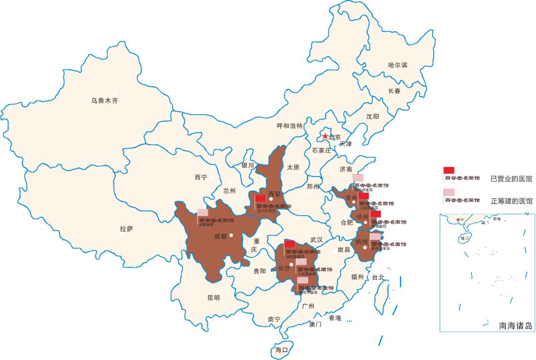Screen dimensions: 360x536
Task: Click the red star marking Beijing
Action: click(x=325, y=136)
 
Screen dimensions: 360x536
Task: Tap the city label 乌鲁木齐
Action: click(x=104, y=101)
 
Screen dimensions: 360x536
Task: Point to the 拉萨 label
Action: click(x=126, y=229)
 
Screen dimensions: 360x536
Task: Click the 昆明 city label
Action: click(x=213, y=298)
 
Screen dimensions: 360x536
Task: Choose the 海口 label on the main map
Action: click(x=281, y=350)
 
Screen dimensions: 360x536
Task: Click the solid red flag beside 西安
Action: click(x=261, y=198)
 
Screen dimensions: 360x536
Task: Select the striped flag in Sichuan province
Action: click(x=203, y=212)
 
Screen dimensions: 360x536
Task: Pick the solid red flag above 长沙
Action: click(x=289, y=244)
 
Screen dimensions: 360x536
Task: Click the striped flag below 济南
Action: click(x=358, y=178)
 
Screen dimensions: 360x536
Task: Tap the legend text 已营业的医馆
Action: click(x=511, y=179)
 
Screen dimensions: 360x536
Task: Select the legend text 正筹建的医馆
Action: click(x=511, y=201)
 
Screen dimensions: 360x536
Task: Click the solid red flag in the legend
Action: click(x=449, y=170)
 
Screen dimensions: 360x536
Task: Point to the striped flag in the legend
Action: click(x=449, y=192)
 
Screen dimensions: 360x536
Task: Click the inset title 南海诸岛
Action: click(x=516, y=326)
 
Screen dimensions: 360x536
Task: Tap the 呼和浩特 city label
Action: click(x=289, y=126)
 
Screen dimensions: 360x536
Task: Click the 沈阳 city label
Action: click(x=372, y=117)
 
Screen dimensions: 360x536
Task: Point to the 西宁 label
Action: click(x=201, y=177)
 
